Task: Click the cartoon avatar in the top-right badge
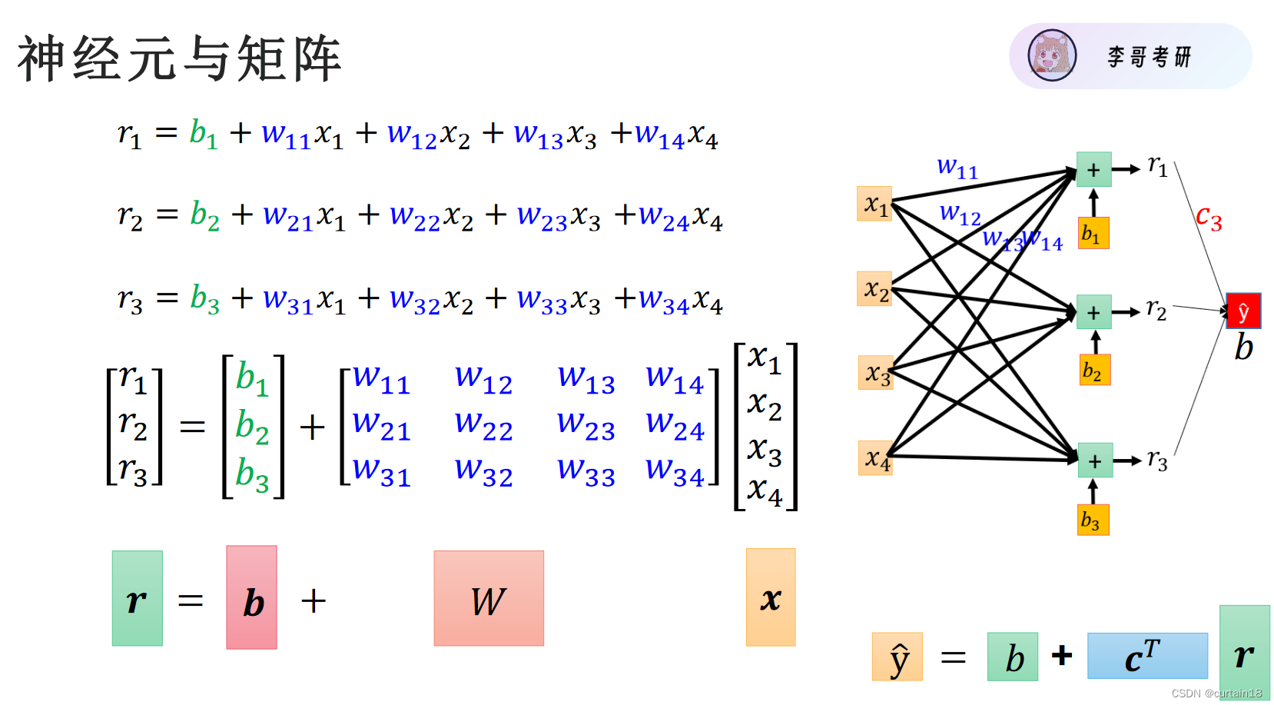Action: coord(1052,55)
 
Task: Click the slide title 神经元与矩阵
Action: coord(180,58)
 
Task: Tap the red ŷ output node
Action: coord(1242,311)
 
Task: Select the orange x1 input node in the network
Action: coord(874,204)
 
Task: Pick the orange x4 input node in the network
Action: coord(875,458)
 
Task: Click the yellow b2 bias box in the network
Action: coord(1094,370)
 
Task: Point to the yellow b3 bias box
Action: coord(1093,520)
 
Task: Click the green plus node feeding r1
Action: coord(1093,169)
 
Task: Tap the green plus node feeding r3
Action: coord(1095,461)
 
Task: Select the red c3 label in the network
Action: coord(1208,218)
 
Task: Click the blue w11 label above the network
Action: coord(957,167)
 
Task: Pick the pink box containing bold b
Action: coord(251,597)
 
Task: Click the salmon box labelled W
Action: coord(489,598)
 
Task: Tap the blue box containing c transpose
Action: coord(1146,656)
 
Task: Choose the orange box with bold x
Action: coord(771,597)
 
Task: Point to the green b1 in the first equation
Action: coord(204,134)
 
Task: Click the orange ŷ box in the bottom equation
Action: coord(897,657)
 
